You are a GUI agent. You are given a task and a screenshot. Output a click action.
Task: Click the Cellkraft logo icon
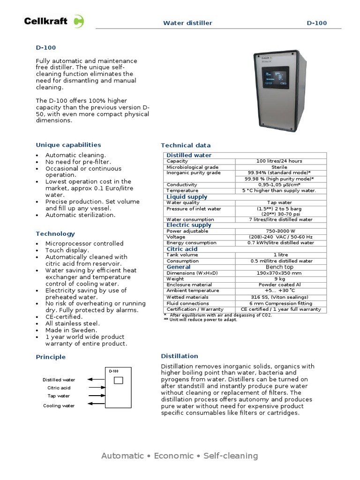pos(80,22)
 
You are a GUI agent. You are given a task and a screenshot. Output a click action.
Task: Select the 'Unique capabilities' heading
pos(68,145)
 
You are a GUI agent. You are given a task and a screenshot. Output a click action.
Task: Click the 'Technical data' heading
pos(186,145)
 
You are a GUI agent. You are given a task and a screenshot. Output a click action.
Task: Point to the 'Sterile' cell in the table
pos(279,167)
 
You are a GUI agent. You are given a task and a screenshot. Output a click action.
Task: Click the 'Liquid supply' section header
pos(187,197)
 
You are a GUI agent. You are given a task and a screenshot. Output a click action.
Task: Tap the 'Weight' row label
pos(175,279)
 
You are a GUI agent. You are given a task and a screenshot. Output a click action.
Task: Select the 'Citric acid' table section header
pos(182,249)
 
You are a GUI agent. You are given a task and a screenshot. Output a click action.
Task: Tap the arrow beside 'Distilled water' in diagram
pos(97,379)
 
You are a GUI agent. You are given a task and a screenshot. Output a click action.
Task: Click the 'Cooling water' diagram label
pos(59,406)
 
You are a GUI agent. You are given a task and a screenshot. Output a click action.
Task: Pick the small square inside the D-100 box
pos(118,380)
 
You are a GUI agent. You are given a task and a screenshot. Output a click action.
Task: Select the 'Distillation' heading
pos(180,356)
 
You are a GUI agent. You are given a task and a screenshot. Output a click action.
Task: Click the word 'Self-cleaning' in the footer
pos(231,456)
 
